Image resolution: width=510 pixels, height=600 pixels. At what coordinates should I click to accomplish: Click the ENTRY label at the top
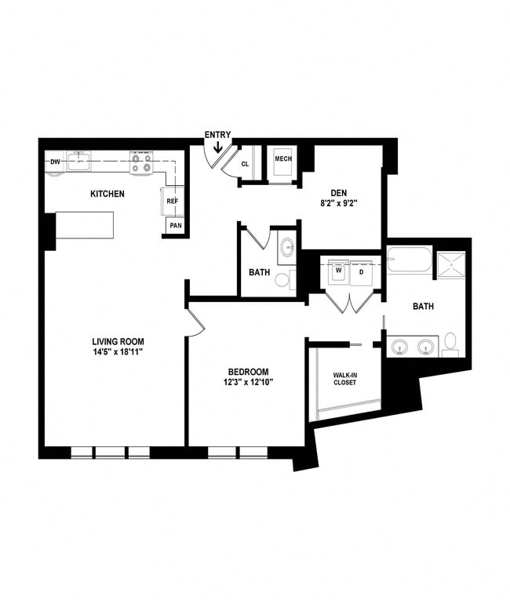[217, 134]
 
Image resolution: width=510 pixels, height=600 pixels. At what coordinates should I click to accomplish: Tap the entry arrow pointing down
[217, 146]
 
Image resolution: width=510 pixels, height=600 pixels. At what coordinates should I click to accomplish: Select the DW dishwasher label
[55, 162]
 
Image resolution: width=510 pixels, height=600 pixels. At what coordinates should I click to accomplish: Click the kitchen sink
[78, 162]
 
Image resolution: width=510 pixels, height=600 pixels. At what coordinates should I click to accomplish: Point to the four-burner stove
[141, 163]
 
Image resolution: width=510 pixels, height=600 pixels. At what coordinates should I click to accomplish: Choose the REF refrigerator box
[173, 202]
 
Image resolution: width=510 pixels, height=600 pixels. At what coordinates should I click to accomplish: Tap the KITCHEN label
[107, 194]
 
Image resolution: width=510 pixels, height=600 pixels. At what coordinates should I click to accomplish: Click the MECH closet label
[282, 159]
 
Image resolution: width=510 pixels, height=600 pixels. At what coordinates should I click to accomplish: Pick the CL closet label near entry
[245, 164]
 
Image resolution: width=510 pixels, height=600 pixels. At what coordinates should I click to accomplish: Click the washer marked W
[339, 272]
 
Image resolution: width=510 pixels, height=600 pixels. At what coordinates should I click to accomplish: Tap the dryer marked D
[362, 272]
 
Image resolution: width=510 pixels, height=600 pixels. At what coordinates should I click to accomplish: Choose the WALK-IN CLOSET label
[344, 378]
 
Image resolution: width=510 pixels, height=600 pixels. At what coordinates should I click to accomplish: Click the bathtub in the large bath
[408, 260]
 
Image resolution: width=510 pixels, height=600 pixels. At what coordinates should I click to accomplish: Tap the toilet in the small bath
[282, 280]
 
